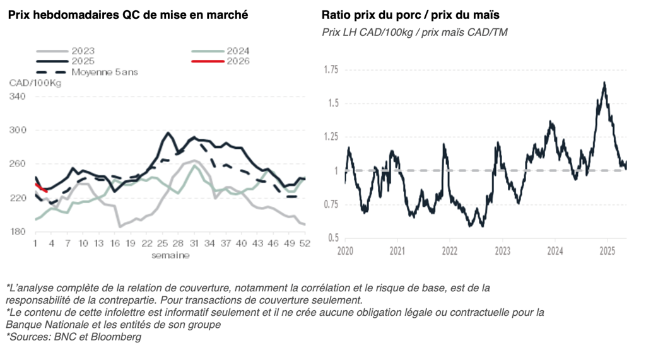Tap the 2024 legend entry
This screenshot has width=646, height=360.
pos(237,51)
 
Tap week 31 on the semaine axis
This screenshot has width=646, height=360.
pos(194,243)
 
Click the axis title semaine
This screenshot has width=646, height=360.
pos(170,255)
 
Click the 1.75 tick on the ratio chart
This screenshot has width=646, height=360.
pos(331,69)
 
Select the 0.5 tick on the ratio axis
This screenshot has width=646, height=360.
pos(334,238)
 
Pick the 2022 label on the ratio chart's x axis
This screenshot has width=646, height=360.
pos(450,250)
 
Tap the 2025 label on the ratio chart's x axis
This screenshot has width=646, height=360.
pos(607,250)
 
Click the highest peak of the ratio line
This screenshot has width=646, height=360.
pos(604,83)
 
